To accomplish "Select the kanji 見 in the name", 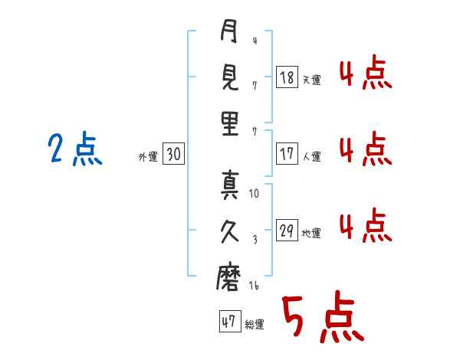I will tap(229, 79).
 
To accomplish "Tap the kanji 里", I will tap(229, 124).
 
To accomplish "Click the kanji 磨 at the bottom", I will tap(229, 280).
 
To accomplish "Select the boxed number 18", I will tap(287, 77).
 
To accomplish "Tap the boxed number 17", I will tap(287, 154).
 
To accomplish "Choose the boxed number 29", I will tap(287, 231).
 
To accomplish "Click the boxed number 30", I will tap(173, 155).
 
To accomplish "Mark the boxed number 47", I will tap(228, 322).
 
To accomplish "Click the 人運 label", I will tap(311, 156).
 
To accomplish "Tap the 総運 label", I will tap(254, 325).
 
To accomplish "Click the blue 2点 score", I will tap(74, 148).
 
